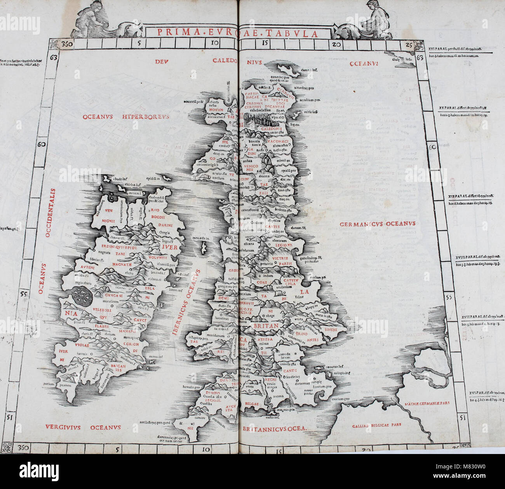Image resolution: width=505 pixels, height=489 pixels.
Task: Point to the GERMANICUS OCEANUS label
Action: point(378,224)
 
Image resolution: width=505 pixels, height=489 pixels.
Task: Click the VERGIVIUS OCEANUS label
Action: point(83,427)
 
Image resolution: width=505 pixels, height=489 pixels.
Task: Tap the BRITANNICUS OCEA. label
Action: point(274,429)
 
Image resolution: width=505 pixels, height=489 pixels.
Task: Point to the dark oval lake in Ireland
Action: point(82,297)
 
